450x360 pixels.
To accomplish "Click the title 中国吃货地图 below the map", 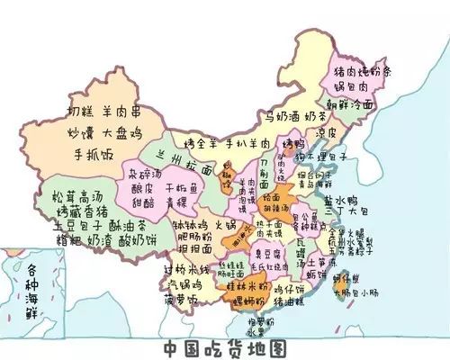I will click(x=224, y=347).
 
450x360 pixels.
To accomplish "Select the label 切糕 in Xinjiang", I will click(x=85, y=113).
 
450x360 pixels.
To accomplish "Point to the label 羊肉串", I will click(x=136, y=113).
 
